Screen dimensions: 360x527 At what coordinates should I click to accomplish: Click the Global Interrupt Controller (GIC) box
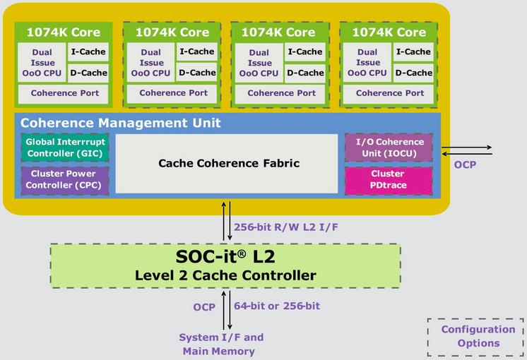[x=64, y=147]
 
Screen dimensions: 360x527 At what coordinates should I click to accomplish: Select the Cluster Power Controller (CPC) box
[x=64, y=179]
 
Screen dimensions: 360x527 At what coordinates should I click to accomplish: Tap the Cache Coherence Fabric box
[x=229, y=163]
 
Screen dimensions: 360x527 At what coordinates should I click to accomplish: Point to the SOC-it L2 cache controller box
[x=225, y=265]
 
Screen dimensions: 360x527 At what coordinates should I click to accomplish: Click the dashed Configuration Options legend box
[x=478, y=336]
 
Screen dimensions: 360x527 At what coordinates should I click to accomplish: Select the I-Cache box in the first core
[x=88, y=52]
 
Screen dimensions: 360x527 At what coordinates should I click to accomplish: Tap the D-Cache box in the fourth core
[x=413, y=73]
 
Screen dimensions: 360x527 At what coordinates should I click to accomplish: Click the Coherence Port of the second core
[x=173, y=93]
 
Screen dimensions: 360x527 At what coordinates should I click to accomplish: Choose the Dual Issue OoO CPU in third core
[x=259, y=63]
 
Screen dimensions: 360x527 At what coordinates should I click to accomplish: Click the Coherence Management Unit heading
[x=121, y=123]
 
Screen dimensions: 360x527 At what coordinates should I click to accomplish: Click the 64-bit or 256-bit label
[x=277, y=306]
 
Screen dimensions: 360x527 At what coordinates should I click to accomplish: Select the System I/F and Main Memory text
[x=221, y=344]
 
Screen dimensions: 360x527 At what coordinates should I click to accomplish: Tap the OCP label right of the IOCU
[x=466, y=166]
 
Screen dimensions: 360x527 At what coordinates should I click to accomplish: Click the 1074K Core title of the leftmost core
[x=64, y=32]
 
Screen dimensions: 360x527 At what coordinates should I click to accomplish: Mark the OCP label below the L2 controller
[x=204, y=307]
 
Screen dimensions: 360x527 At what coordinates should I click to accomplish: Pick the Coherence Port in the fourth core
[x=390, y=93]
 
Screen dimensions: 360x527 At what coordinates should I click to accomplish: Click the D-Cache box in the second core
[x=197, y=73]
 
